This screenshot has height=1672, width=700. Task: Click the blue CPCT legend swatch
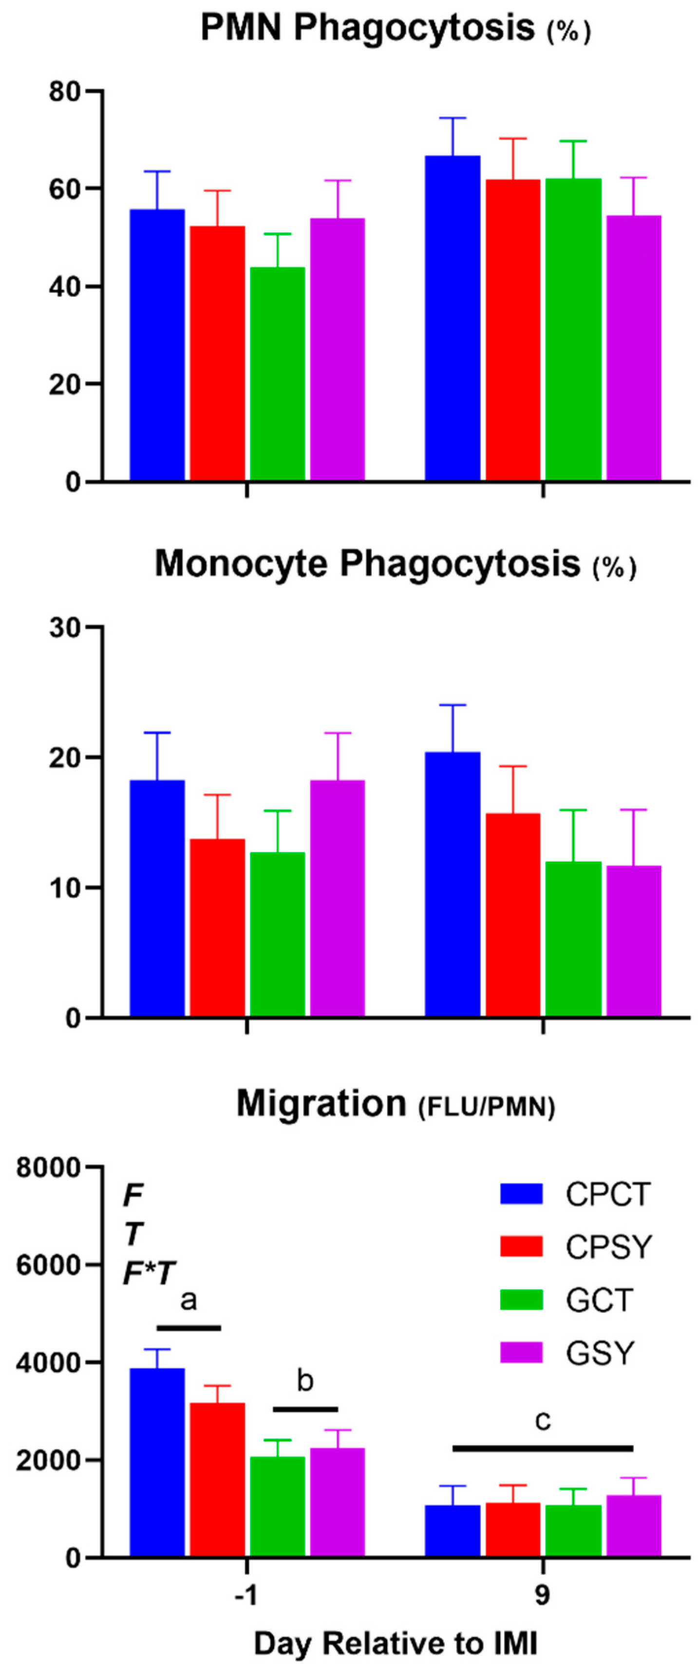pos(521,1194)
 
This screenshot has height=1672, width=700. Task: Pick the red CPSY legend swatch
pos(521,1246)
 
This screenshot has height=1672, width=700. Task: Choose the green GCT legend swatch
pos(521,1299)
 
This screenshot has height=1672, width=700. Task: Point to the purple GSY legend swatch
pos(521,1353)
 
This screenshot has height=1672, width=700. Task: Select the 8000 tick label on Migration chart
pos(50,1168)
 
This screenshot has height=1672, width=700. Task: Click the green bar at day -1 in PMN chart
pos(277,373)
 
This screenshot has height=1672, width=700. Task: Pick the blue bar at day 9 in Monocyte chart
pos(453,884)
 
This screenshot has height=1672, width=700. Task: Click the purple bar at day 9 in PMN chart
pos(634,347)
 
